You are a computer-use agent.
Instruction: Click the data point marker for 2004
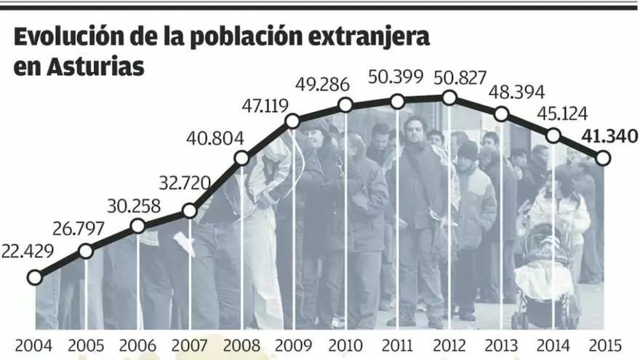[x=33, y=277]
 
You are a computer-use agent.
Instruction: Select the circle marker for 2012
[x=449, y=97]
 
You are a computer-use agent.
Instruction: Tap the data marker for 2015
[x=603, y=157]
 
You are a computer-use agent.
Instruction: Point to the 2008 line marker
[x=242, y=158]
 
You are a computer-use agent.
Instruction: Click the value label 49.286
[x=327, y=84]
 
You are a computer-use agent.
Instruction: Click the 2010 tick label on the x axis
[x=346, y=345]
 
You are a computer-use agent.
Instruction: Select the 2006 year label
[x=137, y=345]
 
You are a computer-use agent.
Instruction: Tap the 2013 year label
[x=502, y=345]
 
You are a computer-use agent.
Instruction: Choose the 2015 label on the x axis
[x=605, y=345]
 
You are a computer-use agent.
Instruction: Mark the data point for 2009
[x=293, y=121]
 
